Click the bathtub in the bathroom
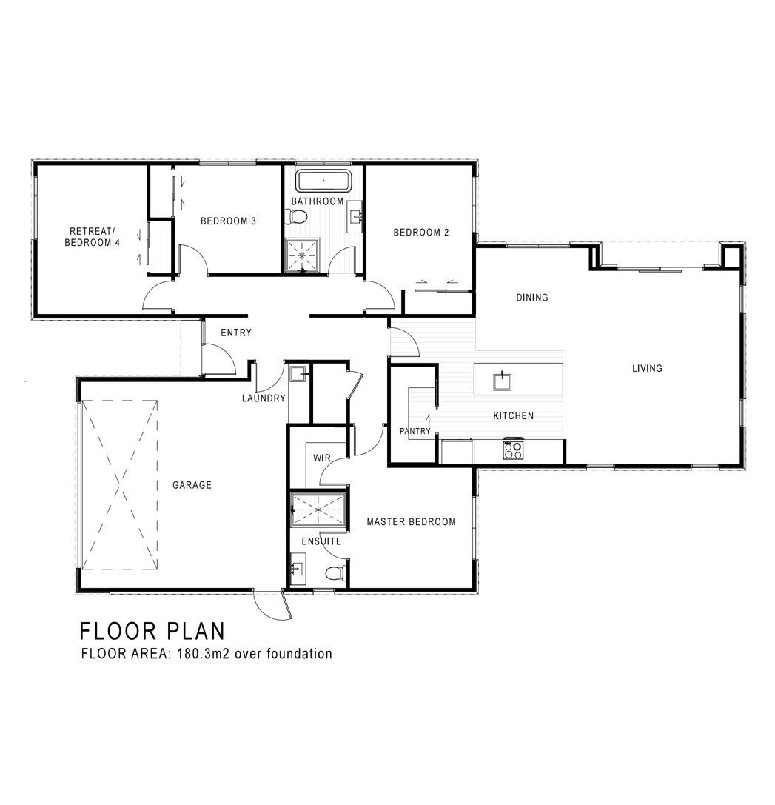coord(323,181)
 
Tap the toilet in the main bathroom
coord(298,217)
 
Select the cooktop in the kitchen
coord(513,450)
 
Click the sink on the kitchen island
coord(502,381)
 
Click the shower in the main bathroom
coord(302,255)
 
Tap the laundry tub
coord(298,374)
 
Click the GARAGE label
coord(192,484)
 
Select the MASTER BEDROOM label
coord(411,521)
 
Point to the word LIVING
coord(647,368)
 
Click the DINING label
coord(532,297)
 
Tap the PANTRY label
coord(415,431)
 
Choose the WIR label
coord(322,458)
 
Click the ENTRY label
coord(236,333)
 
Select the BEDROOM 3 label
coord(229,221)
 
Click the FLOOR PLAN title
coord(152,631)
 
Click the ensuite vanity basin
coord(297,569)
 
